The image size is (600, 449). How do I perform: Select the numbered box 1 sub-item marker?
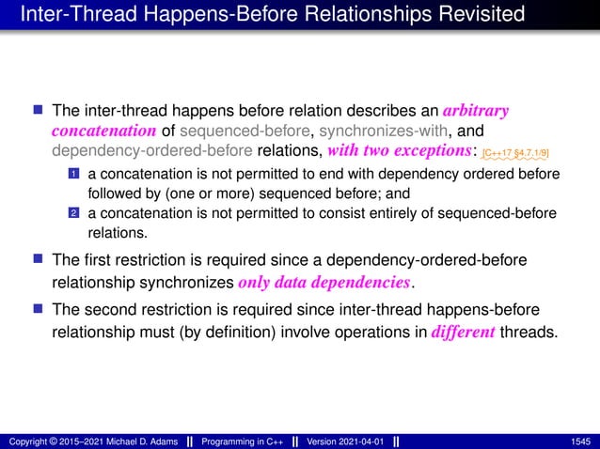click(72, 175)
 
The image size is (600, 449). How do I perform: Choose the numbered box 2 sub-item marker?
click(72, 213)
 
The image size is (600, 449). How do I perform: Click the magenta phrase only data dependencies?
click(325, 283)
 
